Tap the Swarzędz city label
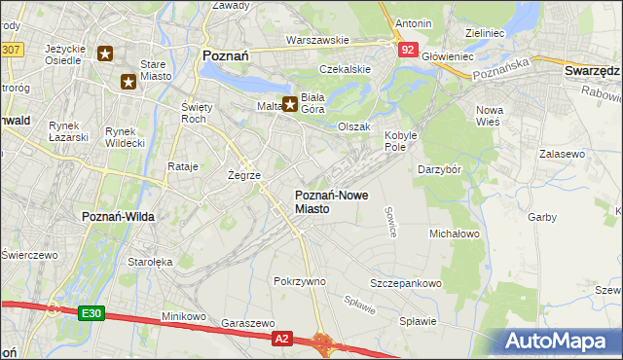(592, 71)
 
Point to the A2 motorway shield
(281, 338)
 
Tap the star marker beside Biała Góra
(289, 104)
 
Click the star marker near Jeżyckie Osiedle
(105, 54)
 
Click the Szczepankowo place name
(406, 283)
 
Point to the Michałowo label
(455, 234)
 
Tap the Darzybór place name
(444, 169)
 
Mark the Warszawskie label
(317, 40)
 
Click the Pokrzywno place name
(300, 281)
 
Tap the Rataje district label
(183, 166)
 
